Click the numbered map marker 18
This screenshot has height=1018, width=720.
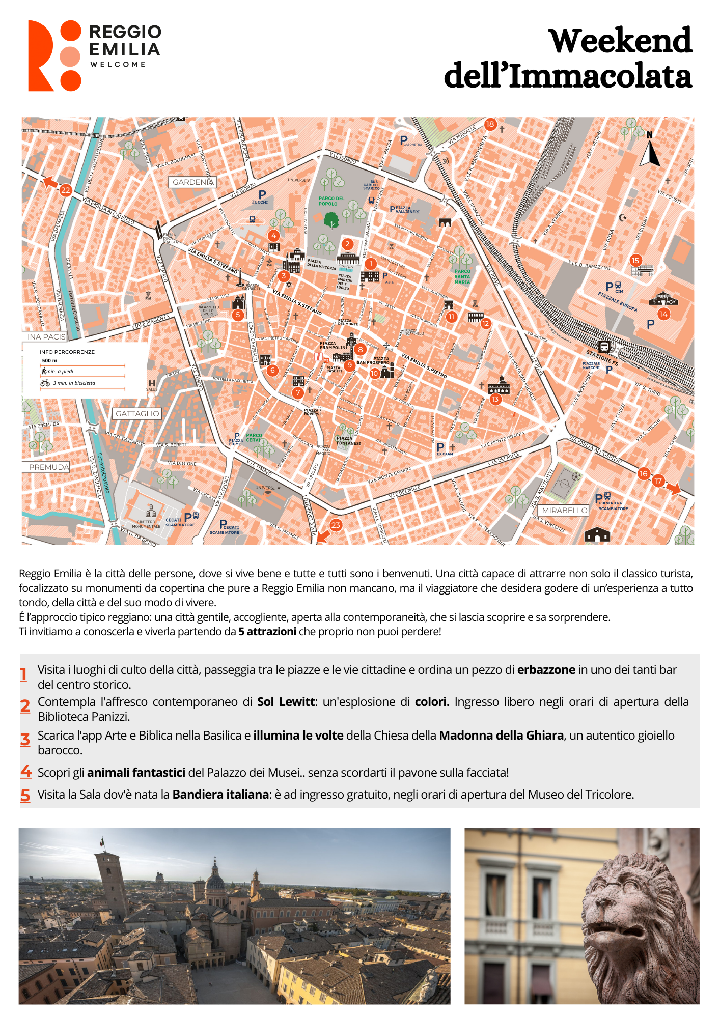pyautogui.click(x=490, y=124)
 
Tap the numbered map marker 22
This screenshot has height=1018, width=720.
pyautogui.click(x=65, y=190)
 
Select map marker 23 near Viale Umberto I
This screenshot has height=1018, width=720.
pyautogui.click(x=336, y=525)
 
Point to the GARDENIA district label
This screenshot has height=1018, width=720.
pyautogui.click(x=192, y=182)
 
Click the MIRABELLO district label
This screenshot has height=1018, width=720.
pyautogui.click(x=565, y=510)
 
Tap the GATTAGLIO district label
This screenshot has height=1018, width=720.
pyautogui.click(x=137, y=414)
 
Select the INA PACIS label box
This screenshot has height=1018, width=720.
pyautogui.click(x=46, y=337)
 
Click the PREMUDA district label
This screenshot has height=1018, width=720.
pyautogui.click(x=48, y=467)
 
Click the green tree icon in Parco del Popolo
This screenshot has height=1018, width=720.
pyautogui.click(x=331, y=220)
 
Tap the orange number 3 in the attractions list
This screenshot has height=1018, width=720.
pyautogui.click(x=25, y=740)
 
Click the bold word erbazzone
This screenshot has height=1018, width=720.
pyautogui.click(x=546, y=670)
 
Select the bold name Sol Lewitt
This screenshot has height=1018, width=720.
pyautogui.click(x=286, y=702)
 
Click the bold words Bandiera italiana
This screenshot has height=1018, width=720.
pyautogui.click(x=220, y=795)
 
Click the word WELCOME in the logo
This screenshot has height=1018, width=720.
pyautogui.click(x=118, y=65)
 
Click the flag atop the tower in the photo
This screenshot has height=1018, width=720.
pyautogui.click(x=102, y=842)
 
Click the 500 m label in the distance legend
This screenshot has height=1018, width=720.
pyautogui.click(x=49, y=361)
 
